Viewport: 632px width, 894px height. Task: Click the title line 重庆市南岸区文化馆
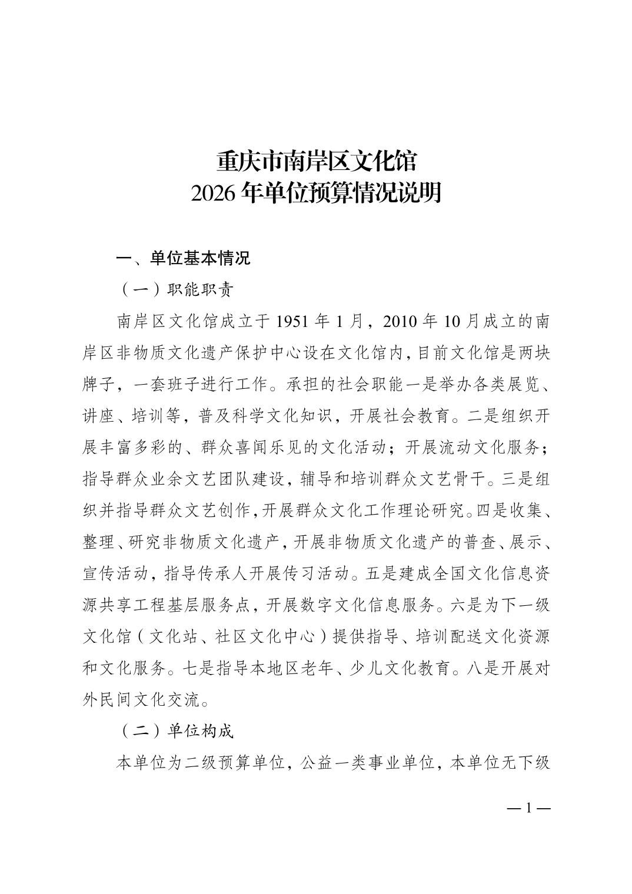[x=316, y=161]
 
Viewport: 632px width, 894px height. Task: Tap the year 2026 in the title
[x=214, y=193]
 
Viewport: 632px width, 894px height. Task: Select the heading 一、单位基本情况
[x=184, y=258]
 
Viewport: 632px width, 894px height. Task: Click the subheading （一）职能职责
[x=176, y=289]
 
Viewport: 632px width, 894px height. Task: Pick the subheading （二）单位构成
[x=176, y=731]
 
